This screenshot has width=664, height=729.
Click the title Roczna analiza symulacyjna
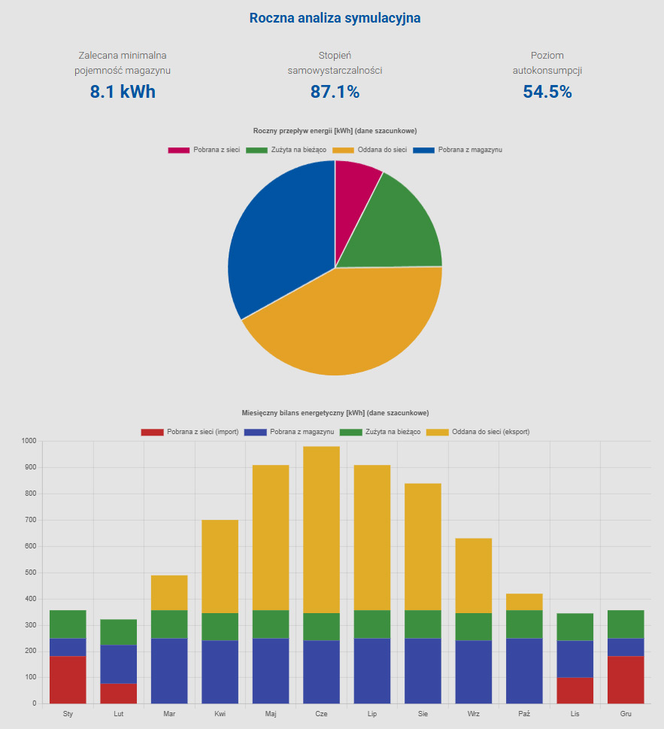pyautogui.click(x=335, y=18)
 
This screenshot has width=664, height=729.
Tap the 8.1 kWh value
pyautogui.click(x=123, y=93)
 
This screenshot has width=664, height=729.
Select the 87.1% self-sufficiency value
pyautogui.click(x=335, y=93)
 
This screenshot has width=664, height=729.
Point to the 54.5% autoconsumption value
pyautogui.click(x=547, y=93)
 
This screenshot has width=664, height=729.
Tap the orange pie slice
pyautogui.click(x=346, y=323)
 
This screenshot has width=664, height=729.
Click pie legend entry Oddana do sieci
pyautogui.click(x=382, y=150)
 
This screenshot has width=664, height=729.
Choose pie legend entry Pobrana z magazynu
pyautogui.click(x=470, y=150)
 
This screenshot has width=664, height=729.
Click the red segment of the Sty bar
pyautogui.click(x=68, y=679)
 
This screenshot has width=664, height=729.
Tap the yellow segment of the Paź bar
pyautogui.click(x=524, y=602)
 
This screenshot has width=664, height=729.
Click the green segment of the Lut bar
pyautogui.click(x=119, y=632)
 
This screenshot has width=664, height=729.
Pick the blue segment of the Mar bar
pyautogui.click(x=169, y=670)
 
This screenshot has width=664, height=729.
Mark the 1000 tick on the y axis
pyautogui.click(x=29, y=442)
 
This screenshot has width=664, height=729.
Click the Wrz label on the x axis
pyautogui.click(x=474, y=714)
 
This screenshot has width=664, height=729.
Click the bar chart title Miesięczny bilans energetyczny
pyautogui.click(x=335, y=413)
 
